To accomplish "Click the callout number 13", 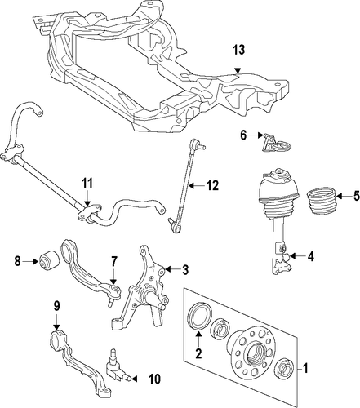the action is [x=238, y=51].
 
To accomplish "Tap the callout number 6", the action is [x=243, y=135].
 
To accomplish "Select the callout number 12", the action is [x=212, y=186].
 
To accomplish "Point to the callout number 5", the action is [x=356, y=196].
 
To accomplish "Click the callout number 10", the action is [x=154, y=379].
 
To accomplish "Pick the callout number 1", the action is [x=304, y=369].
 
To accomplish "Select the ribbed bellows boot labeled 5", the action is [x=322, y=201].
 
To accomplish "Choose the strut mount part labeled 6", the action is [x=275, y=144].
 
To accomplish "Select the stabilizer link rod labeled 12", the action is [x=184, y=187].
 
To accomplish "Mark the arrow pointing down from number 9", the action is [x=56, y=322].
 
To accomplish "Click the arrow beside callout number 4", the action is [x=296, y=255].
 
